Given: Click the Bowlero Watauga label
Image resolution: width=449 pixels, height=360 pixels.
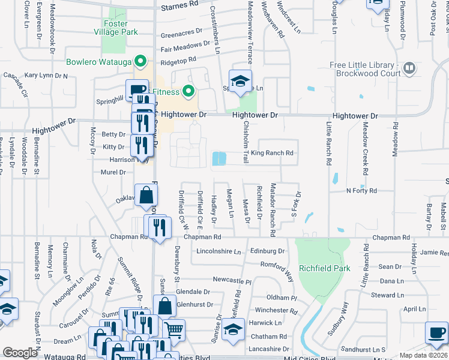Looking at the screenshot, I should tap(99, 61).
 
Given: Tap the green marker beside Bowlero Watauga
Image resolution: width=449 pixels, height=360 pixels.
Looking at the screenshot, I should tap(140, 61).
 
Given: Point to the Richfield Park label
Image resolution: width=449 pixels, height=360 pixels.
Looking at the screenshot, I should tap(324, 268).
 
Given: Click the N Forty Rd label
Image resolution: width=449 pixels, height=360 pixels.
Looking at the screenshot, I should tap(361, 191).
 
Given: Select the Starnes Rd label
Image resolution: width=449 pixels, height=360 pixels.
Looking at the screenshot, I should tap(180, 5).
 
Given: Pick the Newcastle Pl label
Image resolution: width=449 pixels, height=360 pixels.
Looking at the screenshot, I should tap(232, 280).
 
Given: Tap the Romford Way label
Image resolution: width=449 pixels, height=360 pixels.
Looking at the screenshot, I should tap(277, 264).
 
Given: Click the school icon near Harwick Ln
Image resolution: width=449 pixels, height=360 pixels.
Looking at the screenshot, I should tap(233, 329).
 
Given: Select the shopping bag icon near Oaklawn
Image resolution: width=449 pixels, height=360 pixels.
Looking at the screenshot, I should tap(146, 195).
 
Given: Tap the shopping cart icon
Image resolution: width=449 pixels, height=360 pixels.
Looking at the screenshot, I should tap(173, 329).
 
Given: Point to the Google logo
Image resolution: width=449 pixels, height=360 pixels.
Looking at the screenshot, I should tap(20, 353).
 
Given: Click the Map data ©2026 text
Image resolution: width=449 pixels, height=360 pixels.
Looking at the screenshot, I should tap(423, 355).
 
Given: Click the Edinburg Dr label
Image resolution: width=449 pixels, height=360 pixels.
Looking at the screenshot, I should tap(267, 251).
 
